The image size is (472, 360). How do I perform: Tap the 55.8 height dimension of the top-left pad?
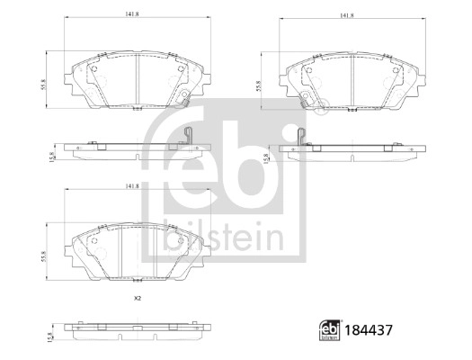(43, 85)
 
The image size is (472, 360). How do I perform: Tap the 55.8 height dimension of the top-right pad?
(258, 85)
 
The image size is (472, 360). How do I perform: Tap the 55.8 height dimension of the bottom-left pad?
(43, 256)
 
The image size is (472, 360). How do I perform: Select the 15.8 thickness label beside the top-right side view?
(265, 158)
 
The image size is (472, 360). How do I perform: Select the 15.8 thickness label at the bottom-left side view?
(50, 337)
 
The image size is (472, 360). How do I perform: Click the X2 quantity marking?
(138, 299)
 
